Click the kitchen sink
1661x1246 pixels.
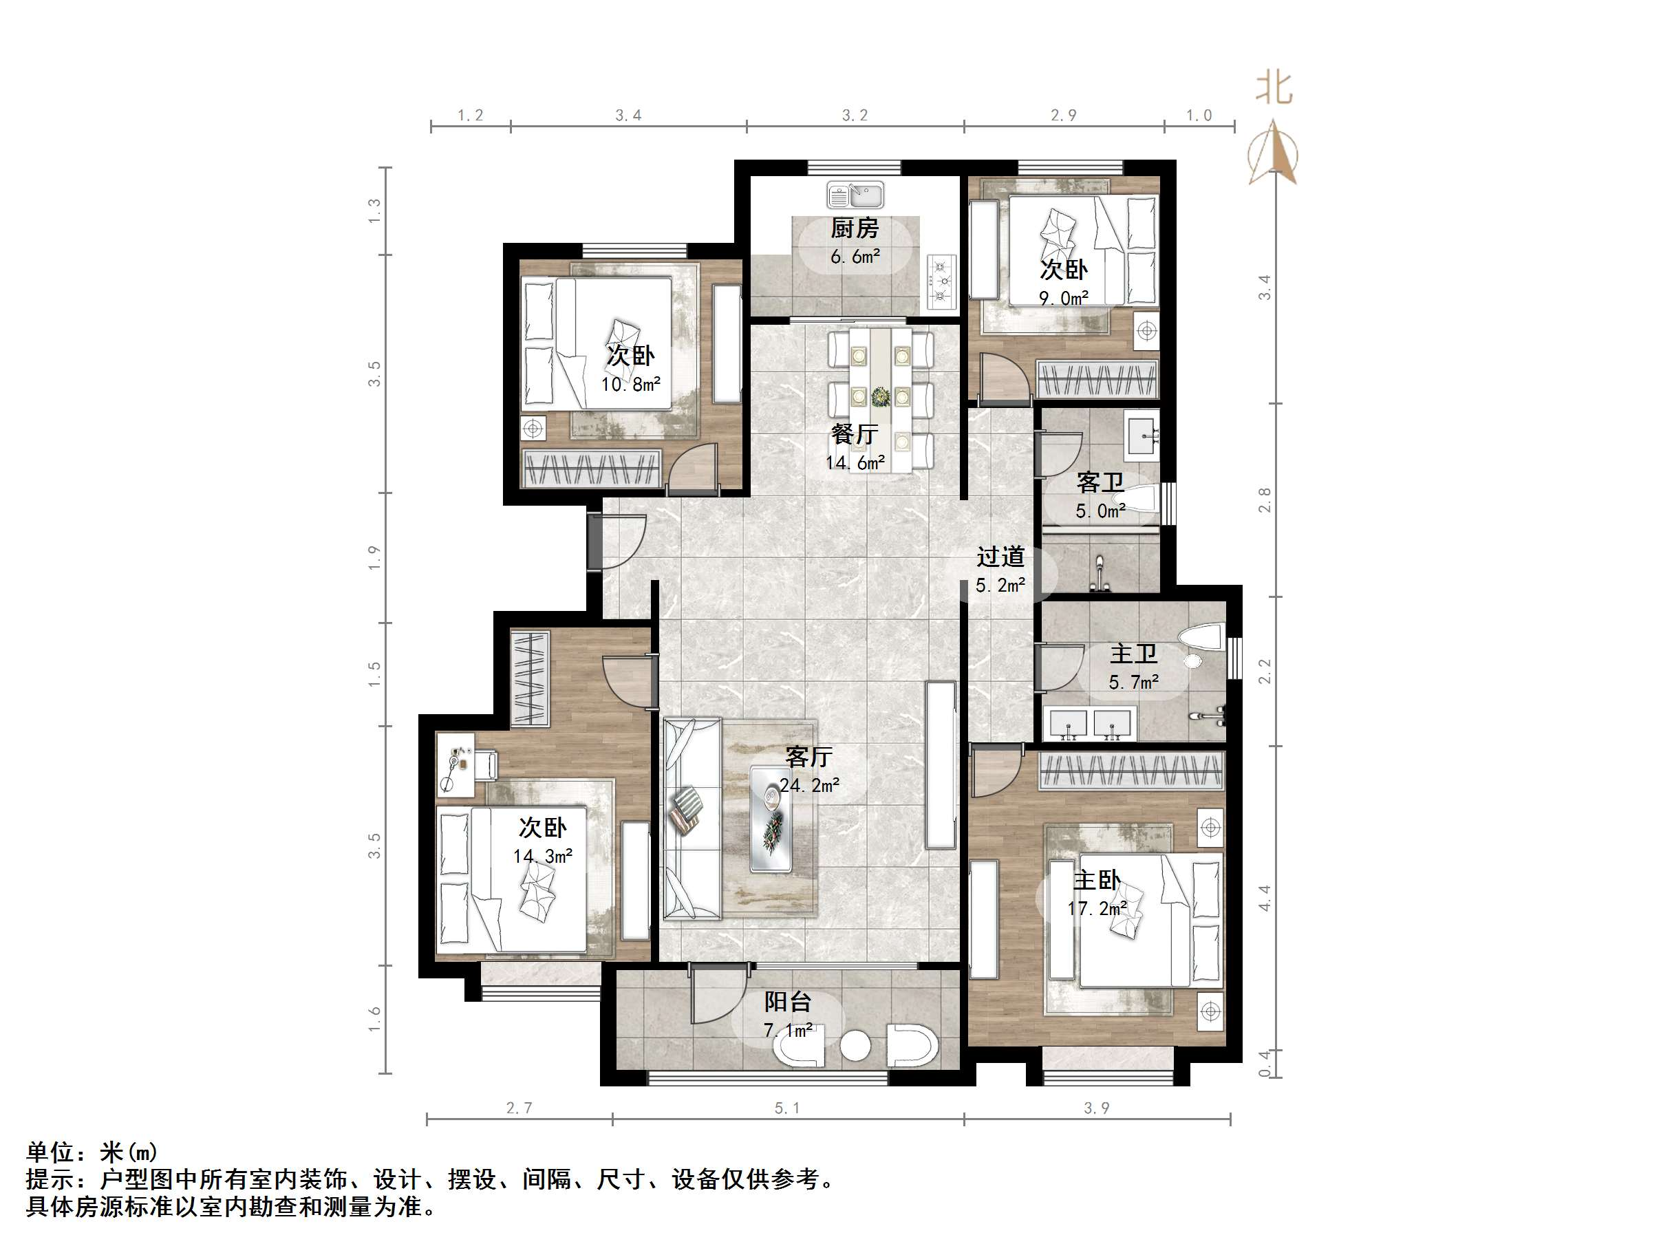point(855,196)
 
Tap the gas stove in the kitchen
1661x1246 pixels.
point(941,281)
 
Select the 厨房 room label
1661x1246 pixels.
point(854,228)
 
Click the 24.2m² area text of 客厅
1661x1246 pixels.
point(808,786)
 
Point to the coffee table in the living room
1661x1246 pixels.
point(771,818)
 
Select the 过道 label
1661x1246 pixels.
point(1000,557)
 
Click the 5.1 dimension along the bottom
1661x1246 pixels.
point(786,1108)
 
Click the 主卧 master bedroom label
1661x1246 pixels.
point(1096,879)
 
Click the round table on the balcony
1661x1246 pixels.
point(855,1046)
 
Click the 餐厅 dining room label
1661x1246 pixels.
point(854,434)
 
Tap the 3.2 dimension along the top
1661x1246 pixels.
point(854,115)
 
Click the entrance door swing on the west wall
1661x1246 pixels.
point(619,541)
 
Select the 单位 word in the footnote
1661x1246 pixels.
point(50,1151)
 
